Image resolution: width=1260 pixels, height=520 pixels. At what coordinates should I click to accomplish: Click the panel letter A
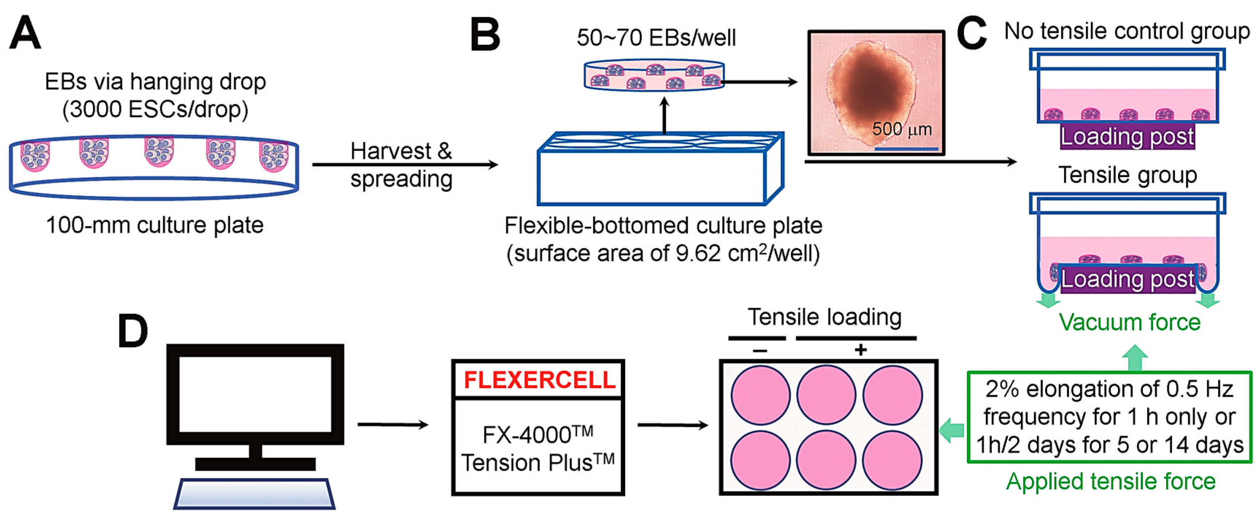pyautogui.click(x=26, y=33)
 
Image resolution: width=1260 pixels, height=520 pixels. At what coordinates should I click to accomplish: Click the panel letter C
pyautogui.click(x=971, y=33)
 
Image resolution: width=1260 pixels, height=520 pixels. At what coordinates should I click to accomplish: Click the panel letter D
pyautogui.click(x=132, y=331)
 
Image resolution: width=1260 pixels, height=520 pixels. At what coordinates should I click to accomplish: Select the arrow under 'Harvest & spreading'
pyautogui.click(x=405, y=165)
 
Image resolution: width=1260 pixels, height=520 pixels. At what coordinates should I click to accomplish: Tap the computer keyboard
pyautogui.click(x=254, y=494)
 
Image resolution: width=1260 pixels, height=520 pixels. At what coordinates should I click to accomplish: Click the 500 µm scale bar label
pyautogui.click(x=902, y=130)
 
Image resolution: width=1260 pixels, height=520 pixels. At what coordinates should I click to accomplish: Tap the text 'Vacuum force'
pyautogui.click(x=1129, y=322)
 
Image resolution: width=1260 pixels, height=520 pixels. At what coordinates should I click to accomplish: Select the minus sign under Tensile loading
pyautogui.click(x=760, y=350)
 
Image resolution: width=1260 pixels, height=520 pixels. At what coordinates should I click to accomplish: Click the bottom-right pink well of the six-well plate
pyautogui.click(x=892, y=460)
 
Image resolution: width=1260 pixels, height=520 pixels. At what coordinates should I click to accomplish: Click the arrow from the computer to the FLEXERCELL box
pyautogui.click(x=393, y=425)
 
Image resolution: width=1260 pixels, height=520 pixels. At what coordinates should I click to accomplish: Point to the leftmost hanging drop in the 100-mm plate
pyautogui.click(x=35, y=157)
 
